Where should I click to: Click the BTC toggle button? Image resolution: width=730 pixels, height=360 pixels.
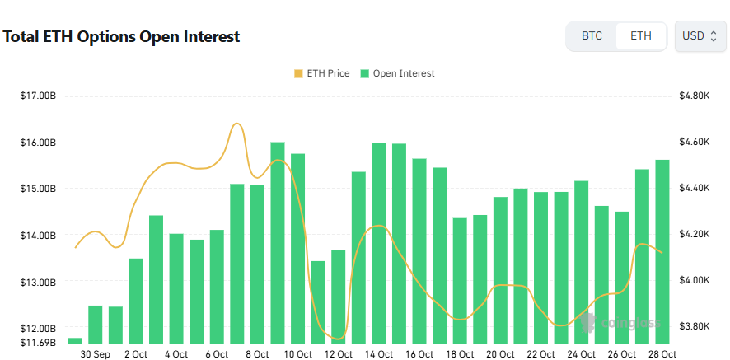(x=592, y=36)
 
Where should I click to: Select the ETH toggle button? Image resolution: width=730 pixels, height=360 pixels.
(x=640, y=36)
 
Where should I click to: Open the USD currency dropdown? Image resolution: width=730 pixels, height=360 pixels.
(x=700, y=36)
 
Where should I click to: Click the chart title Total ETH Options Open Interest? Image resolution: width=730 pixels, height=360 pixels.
(x=122, y=37)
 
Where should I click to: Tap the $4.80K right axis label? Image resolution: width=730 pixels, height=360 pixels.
(x=694, y=96)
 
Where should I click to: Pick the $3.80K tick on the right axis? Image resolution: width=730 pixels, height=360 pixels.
(x=694, y=326)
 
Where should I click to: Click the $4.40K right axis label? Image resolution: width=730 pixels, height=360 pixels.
(x=694, y=189)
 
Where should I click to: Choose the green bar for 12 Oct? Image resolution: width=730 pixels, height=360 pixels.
(x=339, y=297)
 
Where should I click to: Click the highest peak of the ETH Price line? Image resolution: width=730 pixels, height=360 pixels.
(x=236, y=124)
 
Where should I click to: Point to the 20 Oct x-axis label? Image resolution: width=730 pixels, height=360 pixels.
(x=501, y=354)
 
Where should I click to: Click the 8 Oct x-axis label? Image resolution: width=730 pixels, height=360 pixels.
(x=257, y=354)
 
